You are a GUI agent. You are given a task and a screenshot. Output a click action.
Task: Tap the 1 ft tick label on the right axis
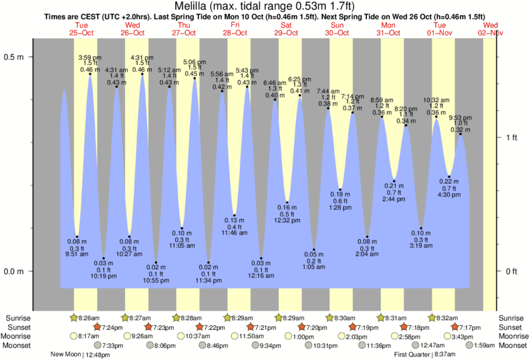[x=511, y=138]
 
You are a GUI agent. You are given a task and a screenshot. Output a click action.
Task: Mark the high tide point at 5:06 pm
[x=194, y=78]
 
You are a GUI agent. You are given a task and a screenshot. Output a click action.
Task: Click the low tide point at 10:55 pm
[x=156, y=262]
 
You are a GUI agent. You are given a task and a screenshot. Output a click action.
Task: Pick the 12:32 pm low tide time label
[x=287, y=220]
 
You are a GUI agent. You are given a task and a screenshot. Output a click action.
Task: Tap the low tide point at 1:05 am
[x=313, y=250]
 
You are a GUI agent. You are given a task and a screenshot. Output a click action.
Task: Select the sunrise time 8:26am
[x=86, y=318]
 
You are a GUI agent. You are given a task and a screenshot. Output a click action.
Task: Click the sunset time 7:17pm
[x=468, y=327]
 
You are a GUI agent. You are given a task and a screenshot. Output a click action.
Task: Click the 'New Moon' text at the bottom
[x=65, y=355]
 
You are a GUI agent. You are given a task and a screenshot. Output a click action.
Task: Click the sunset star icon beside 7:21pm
[x=251, y=327]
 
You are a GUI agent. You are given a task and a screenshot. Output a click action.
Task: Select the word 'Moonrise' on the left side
[x=19, y=337]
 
